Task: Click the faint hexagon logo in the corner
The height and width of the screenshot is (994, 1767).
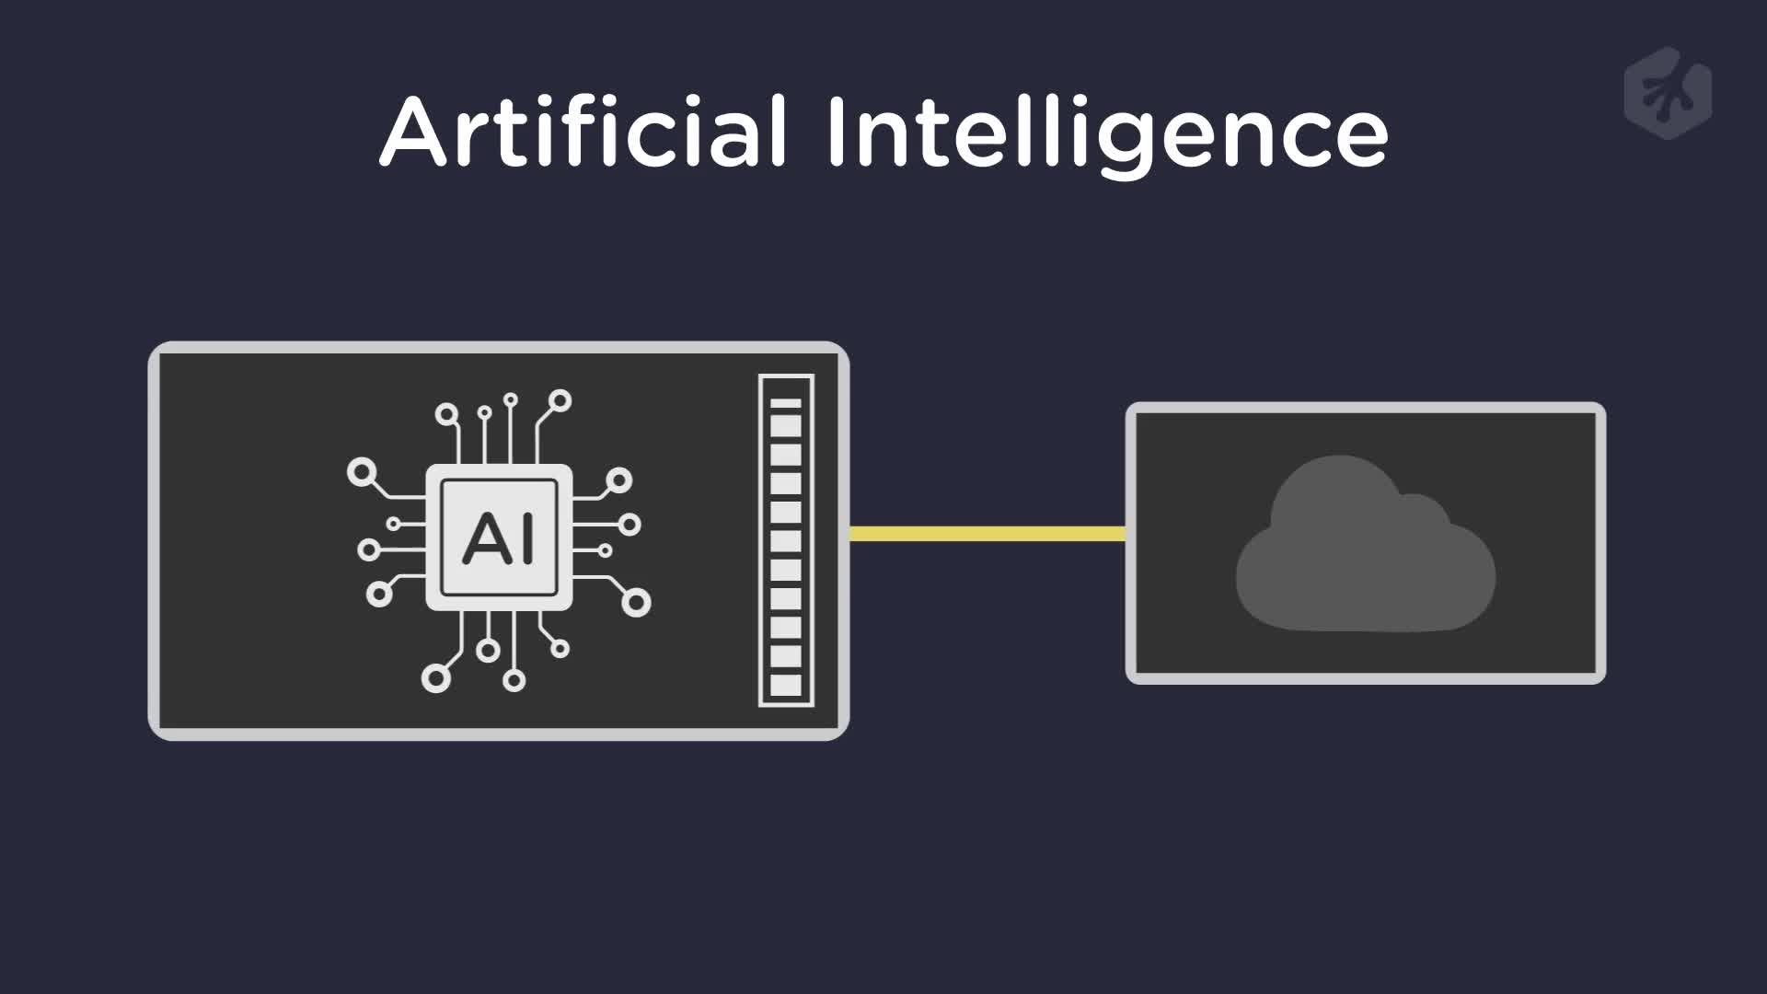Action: (x=1668, y=93)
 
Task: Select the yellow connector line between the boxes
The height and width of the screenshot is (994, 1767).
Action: (x=987, y=534)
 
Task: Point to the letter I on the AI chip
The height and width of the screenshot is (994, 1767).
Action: (x=525, y=539)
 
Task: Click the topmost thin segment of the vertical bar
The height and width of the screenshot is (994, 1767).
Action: (x=786, y=403)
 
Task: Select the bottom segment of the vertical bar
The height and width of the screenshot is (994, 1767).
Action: (x=786, y=685)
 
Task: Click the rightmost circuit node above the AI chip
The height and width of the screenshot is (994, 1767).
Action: (x=560, y=401)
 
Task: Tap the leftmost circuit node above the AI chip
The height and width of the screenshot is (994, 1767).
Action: (x=447, y=413)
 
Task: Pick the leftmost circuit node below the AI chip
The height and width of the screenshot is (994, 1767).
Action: (x=435, y=678)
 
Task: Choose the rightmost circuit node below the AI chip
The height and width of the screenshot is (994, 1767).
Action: (x=560, y=649)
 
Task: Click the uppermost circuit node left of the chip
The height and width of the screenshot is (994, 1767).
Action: (x=361, y=473)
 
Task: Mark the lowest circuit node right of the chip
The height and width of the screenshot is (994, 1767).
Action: (x=636, y=602)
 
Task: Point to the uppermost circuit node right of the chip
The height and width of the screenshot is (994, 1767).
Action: (x=619, y=480)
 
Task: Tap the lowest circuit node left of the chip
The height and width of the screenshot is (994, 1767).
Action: (x=379, y=594)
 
